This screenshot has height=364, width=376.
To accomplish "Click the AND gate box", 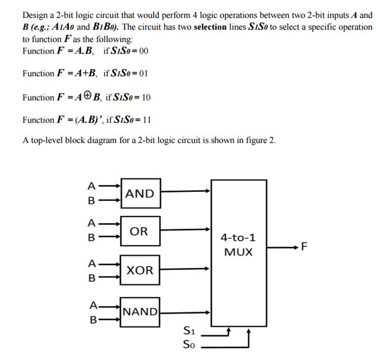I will pos(141,193).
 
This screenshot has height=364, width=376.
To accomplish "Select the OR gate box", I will pos(140,231).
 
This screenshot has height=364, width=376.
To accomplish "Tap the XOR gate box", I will pos(140,270).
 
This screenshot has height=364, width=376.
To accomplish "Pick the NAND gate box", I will pos(140,312).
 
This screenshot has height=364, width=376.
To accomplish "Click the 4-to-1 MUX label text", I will pos(238,245).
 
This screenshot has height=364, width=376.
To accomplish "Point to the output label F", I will pos(304,247).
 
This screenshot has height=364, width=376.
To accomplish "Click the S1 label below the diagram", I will pos(189,331).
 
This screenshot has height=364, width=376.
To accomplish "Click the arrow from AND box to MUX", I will pos(185,191).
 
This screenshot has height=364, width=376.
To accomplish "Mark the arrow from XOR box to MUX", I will pos(185,269).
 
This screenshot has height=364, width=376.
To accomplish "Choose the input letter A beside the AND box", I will pos(91,186).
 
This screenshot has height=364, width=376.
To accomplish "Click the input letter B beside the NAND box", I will pos(93,320).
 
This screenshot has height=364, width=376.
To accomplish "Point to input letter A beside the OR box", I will pos(91,223).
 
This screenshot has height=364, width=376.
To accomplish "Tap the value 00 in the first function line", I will pos(144,51).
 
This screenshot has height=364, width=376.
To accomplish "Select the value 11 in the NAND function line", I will pos(147,120).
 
